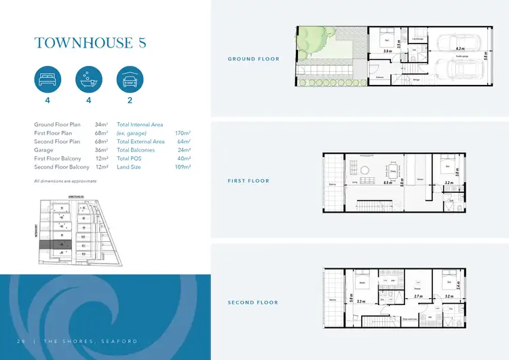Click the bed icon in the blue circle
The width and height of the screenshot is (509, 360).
click(x=48, y=79)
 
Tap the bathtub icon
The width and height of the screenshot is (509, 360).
click(x=88, y=79)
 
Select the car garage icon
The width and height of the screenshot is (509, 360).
click(x=130, y=79)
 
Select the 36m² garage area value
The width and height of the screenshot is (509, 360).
click(x=102, y=150)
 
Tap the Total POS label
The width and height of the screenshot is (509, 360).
click(x=131, y=158)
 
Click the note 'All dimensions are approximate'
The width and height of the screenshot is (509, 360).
click(x=65, y=181)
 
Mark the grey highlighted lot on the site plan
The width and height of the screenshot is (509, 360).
click(x=64, y=243)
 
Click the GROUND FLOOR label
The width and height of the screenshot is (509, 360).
click(x=253, y=59)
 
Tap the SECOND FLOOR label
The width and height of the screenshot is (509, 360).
click(x=252, y=302)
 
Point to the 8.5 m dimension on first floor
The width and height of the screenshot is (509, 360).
click(x=388, y=183)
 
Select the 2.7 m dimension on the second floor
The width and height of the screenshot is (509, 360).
click(x=417, y=297)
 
